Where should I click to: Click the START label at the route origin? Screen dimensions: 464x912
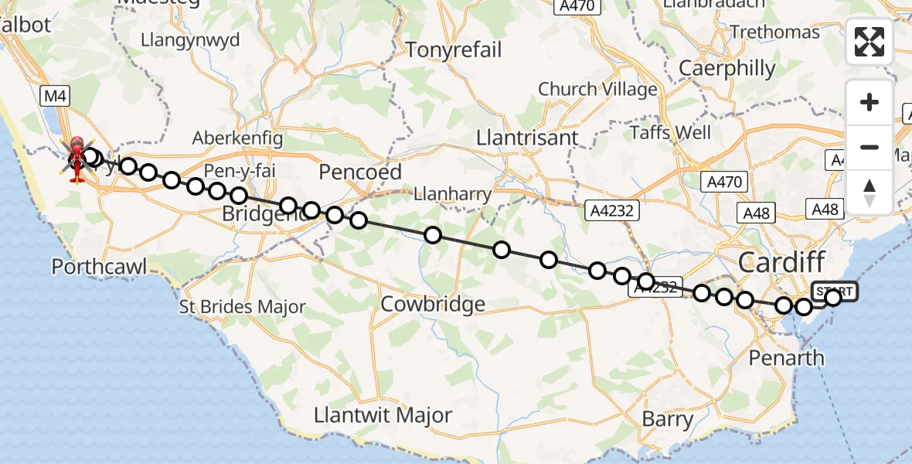tap(835, 292)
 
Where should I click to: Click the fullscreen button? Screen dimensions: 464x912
tap(869, 42)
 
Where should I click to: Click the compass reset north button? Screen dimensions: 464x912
tap(869, 192)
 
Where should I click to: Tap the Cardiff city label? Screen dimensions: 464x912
tap(781, 262)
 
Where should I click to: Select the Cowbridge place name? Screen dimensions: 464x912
tap(433, 304)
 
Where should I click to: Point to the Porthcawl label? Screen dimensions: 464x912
tap(100, 268)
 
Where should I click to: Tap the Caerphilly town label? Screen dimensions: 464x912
tap(727, 69)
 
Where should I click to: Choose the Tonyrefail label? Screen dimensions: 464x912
tap(454, 50)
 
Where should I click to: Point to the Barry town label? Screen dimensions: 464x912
tap(668, 420)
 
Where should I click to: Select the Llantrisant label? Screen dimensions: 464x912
tap(527, 138)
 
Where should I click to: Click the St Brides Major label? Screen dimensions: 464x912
tap(242, 307)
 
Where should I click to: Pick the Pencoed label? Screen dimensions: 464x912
tap(362, 172)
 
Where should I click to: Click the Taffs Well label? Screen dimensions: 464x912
tap(670, 132)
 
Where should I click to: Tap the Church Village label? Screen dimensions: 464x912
tap(597, 90)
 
